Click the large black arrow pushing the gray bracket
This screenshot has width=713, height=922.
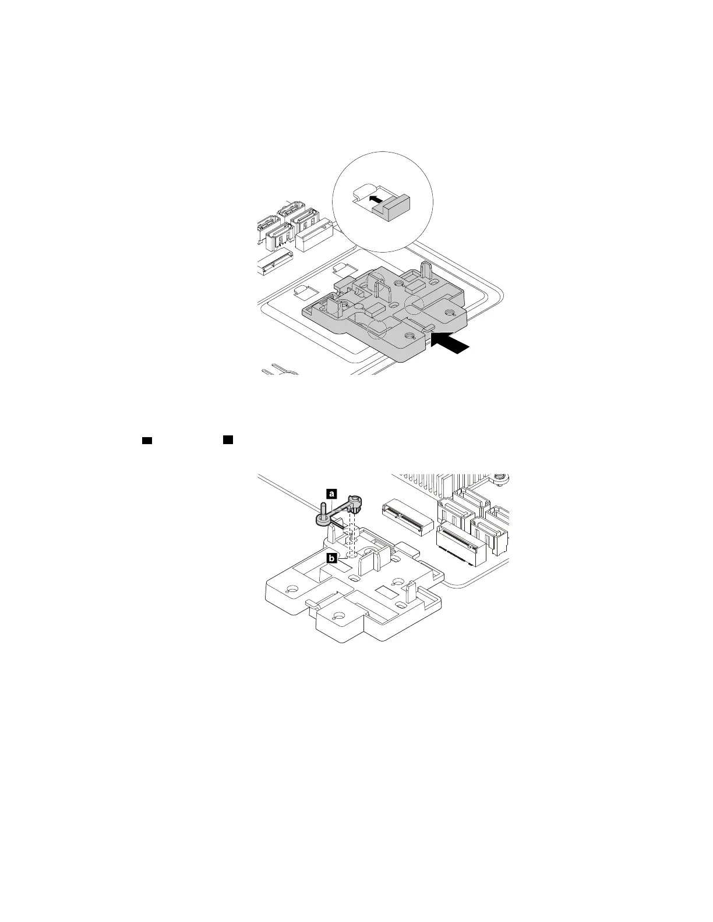tap(452, 343)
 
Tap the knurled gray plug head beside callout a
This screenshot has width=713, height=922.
tap(356, 502)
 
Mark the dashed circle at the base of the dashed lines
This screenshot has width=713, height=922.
tap(351, 554)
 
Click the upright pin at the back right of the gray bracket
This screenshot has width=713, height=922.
tap(426, 270)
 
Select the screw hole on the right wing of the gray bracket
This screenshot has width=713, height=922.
tap(449, 313)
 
